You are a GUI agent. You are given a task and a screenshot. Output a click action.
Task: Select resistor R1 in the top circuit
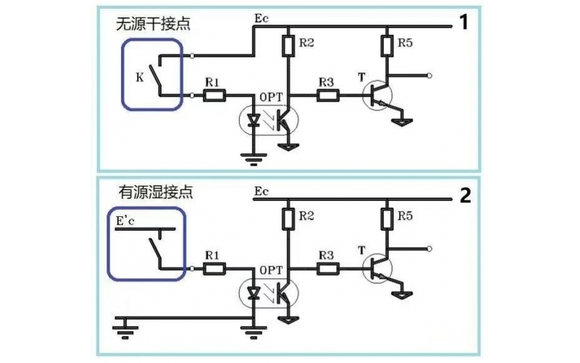(x=215, y=95)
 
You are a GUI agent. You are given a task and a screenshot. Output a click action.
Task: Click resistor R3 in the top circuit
(x=326, y=95)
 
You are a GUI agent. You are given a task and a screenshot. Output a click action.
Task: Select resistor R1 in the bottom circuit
(x=215, y=269)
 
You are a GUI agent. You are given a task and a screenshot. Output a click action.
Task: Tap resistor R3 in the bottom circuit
(x=326, y=269)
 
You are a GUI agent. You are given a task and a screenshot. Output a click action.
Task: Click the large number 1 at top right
(x=463, y=23)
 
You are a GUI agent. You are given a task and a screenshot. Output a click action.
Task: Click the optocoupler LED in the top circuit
(x=254, y=121)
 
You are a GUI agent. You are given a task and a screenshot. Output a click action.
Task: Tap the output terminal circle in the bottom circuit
(x=430, y=248)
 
